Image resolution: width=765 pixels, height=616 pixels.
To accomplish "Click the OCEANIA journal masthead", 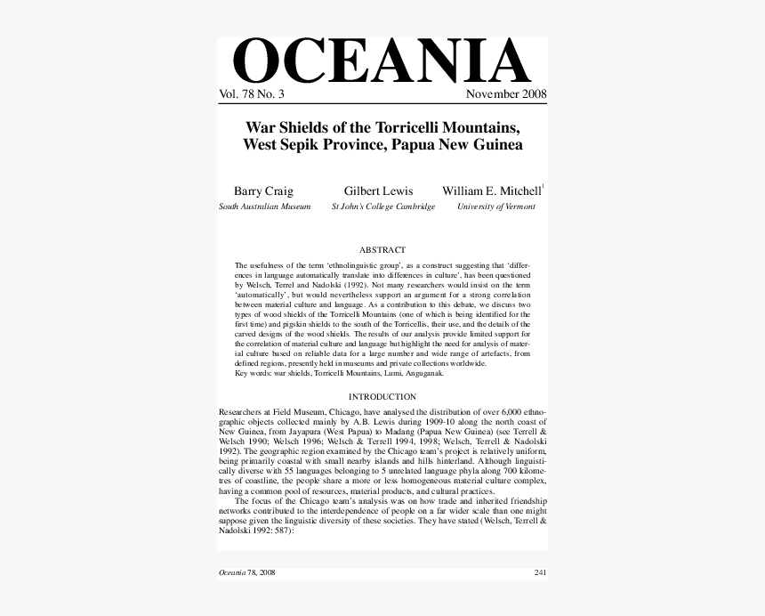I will pos(382,62).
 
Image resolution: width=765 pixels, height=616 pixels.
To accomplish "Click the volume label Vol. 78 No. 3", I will pos(252,94).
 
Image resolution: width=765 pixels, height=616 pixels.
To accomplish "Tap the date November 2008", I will pos(506,94).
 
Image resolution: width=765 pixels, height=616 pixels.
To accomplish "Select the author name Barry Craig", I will pos(263,191).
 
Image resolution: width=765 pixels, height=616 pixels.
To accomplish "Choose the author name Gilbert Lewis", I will pos(378,191).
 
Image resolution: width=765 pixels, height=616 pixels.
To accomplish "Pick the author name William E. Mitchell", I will pos(491,191).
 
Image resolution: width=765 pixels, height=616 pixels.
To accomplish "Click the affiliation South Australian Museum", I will pos(265,207).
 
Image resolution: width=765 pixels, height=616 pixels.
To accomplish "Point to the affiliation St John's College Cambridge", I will pos(383,207).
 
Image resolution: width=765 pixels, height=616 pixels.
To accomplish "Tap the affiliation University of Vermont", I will pos(496,207).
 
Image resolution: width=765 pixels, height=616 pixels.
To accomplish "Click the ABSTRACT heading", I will pos(382,250).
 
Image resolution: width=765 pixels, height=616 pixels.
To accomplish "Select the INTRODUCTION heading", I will pos(382,397).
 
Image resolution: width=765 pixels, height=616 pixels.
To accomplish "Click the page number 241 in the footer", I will pos(540,572).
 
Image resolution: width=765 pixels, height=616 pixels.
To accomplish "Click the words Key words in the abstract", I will pos(254,373).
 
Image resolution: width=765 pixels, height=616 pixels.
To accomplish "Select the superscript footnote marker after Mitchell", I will pos(543,186).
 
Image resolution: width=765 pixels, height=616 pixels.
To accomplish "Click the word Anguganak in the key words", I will pos(423,373).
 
